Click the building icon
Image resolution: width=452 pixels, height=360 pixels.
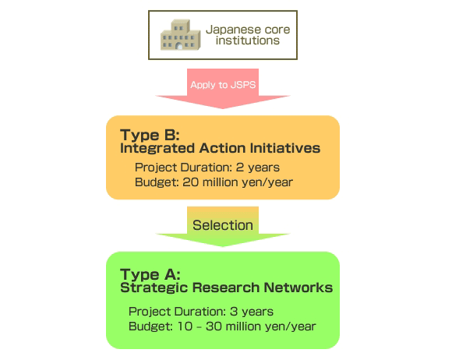(181, 34)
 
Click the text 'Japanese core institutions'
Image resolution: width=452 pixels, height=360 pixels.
(248, 35)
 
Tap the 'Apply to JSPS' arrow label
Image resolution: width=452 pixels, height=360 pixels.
(223, 85)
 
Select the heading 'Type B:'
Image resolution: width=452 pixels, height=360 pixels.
(150, 135)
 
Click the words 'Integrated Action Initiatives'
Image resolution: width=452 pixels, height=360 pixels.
(221, 148)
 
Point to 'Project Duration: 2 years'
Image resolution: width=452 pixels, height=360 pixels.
(207, 168)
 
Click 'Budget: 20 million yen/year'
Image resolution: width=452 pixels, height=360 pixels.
(214, 182)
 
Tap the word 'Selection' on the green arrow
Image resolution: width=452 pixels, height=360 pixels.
(223, 225)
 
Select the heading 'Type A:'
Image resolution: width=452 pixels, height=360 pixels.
(150, 274)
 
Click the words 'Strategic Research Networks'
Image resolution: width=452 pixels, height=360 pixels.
(227, 288)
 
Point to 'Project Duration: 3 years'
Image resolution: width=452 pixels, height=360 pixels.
(201, 312)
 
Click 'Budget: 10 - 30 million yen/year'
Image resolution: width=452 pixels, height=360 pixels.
(222, 326)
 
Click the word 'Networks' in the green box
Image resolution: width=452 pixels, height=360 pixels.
(298, 288)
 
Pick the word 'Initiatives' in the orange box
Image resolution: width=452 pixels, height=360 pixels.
(285, 148)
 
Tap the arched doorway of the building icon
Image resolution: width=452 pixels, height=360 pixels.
(179, 46)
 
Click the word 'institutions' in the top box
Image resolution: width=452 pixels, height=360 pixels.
(248, 41)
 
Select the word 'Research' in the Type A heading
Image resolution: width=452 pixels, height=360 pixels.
(226, 288)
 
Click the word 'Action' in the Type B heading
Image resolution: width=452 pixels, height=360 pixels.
(222, 148)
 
